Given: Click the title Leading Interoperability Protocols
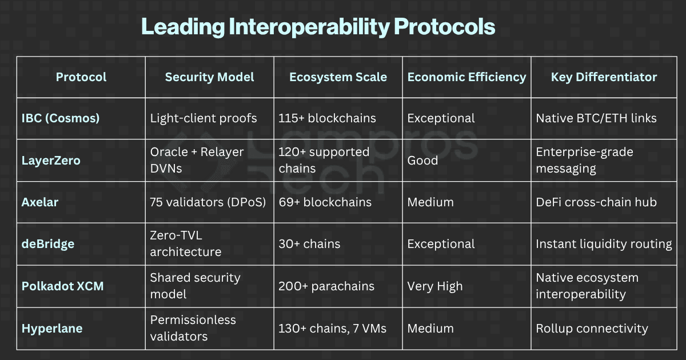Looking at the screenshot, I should pos(318,27).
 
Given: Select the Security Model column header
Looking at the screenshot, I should pos(209,77).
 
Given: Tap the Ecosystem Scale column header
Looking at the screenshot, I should pos(338,77).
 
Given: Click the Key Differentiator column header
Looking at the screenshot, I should pos(604,77).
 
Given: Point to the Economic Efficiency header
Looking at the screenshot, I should pos(466,77).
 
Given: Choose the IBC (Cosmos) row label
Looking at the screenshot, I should pos(61,118).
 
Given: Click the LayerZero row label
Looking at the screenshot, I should pos(51,161).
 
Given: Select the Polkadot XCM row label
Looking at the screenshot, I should pos(63,286).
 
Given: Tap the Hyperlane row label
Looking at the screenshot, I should pos(52,329).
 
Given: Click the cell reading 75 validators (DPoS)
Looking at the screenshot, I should pos(208,202).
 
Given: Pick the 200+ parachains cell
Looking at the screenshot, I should pos(326,286).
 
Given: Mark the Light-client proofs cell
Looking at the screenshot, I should pos(204,118).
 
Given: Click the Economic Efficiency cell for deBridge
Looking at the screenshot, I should pos(441,244).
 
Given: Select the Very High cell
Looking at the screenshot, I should pos(435,286).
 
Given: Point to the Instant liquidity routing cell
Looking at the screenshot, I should pos(604,244).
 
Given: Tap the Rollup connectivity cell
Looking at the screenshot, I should pos(592,329).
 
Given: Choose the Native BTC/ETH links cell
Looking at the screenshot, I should pos(596,118).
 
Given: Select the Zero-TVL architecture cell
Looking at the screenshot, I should pos(186,244).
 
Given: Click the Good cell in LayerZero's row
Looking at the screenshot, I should pos(422,161).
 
